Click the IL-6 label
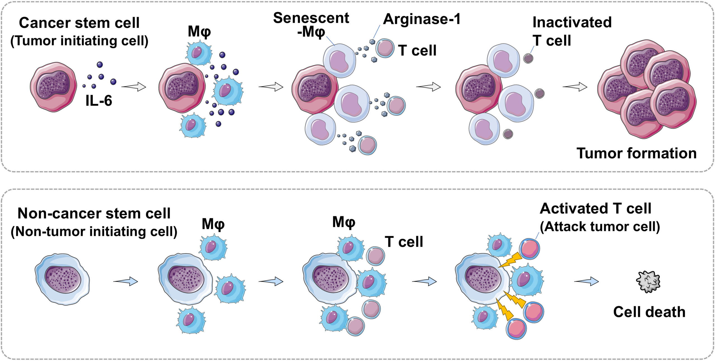pyautogui.click(x=99, y=101)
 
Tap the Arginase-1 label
pyautogui.click(x=422, y=19)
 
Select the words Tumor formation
pyautogui.click(x=637, y=153)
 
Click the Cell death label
pyautogui.click(x=649, y=312)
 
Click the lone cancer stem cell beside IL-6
pyautogui.click(x=53, y=87)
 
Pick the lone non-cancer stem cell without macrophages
pyautogui.click(x=62, y=279)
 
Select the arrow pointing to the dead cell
pyautogui.click(x=587, y=281)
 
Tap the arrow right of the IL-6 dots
pyautogui.click(x=134, y=87)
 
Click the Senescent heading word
pyautogui.click(x=311, y=18)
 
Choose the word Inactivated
pyautogui.click(x=572, y=22)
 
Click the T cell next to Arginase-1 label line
pyautogui.click(x=385, y=48)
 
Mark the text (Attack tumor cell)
pyautogui.click(x=600, y=227)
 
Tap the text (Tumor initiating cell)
pyautogui.click(x=79, y=41)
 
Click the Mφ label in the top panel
pyautogui.click(x=199, y=32)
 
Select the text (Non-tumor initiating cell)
pyautogui.click(x=94, y=232)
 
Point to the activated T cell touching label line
pyautogui.click(x=529, y=249)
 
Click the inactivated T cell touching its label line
pyautogui.click(x=528, y=58)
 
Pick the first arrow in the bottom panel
pyautogui.click(x=125, y=281)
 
